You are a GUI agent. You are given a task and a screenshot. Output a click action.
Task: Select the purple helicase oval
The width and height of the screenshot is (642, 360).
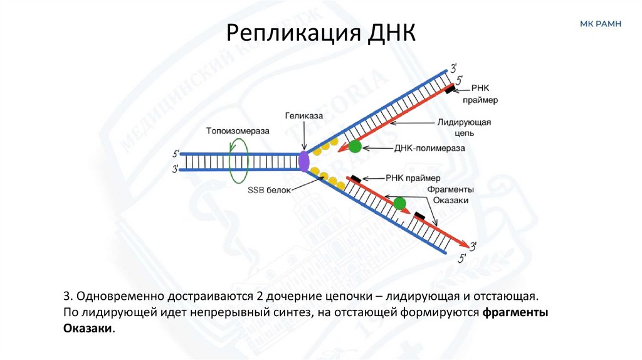click(304, 161)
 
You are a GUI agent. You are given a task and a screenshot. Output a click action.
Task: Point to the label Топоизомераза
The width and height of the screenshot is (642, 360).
click(237, 130)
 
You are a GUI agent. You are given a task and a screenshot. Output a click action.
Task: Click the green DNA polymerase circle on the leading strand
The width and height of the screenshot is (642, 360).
click(355, 147)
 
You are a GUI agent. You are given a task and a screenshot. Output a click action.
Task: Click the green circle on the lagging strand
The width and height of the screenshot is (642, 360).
click(399, 203)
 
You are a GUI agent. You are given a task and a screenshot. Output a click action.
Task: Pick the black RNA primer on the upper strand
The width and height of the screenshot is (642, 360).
click(452, 90)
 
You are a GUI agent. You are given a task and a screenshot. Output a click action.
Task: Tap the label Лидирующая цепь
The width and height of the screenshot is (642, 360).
click(467, 127)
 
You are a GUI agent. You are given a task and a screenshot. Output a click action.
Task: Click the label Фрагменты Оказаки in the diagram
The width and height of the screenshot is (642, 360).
click(450, 194)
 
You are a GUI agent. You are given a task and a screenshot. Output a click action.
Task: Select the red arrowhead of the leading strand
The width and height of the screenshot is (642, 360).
click(342, 148)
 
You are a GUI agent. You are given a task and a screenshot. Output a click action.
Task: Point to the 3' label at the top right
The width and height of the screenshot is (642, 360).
click(453, 66)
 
